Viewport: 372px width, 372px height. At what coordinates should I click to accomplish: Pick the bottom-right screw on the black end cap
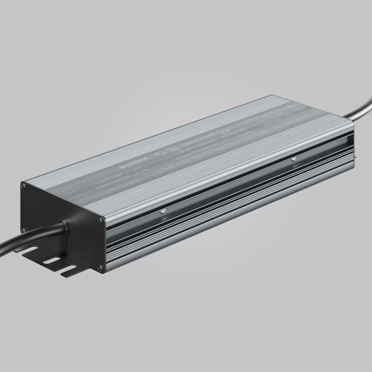tap(100, 266)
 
